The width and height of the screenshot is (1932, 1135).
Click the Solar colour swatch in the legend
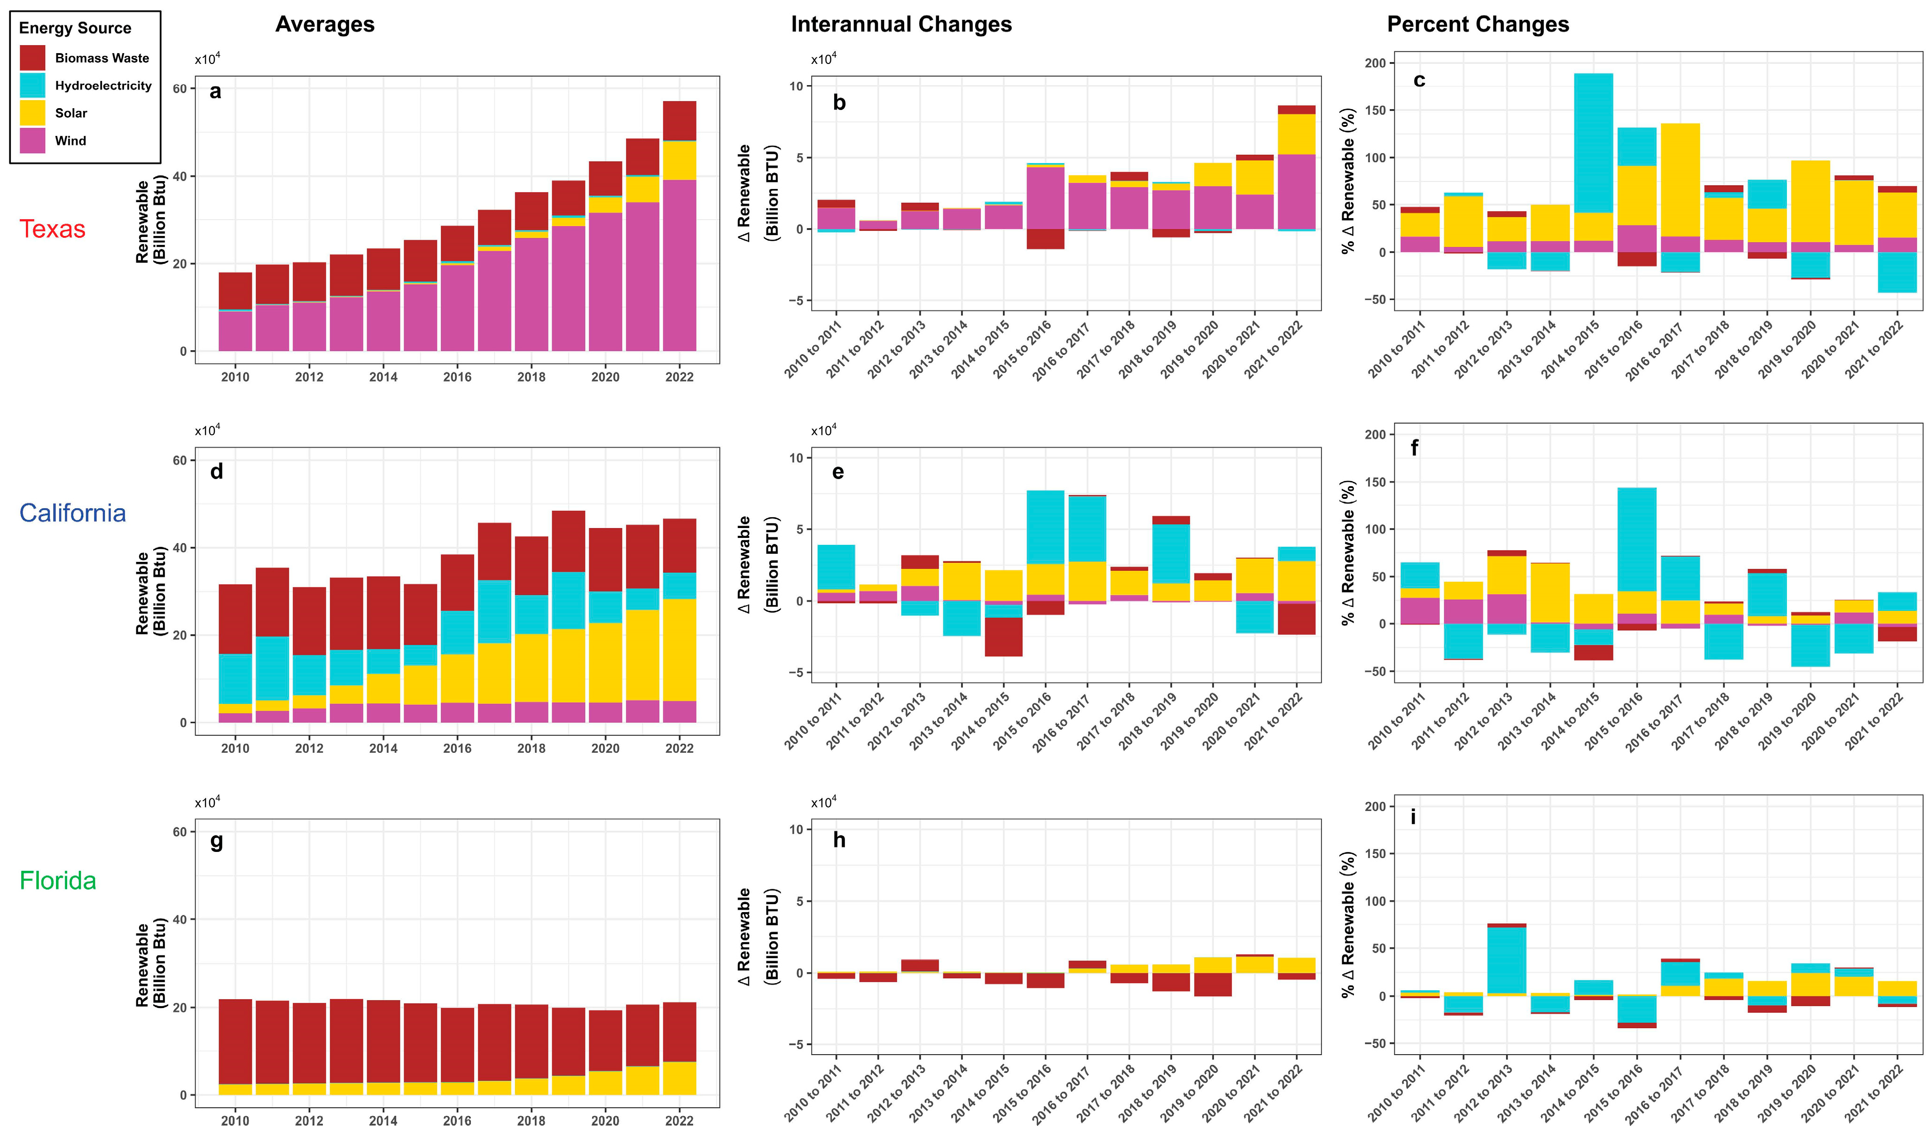pos(32,113)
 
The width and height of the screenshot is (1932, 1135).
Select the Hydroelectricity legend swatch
pos(32,85)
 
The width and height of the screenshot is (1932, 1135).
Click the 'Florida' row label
pos(57,880)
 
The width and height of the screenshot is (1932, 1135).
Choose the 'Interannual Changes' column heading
pos(901,24)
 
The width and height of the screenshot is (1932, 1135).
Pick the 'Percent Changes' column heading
pos(1478,24)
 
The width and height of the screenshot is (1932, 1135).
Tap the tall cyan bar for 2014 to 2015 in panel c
pos(1593,142)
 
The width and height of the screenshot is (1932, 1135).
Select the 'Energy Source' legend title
pos(75,28)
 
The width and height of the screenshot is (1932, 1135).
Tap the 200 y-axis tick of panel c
pos(1376,63)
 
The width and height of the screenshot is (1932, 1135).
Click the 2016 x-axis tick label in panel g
pos(457,1120)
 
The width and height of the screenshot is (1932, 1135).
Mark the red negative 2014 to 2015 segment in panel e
pos(1003,637)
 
